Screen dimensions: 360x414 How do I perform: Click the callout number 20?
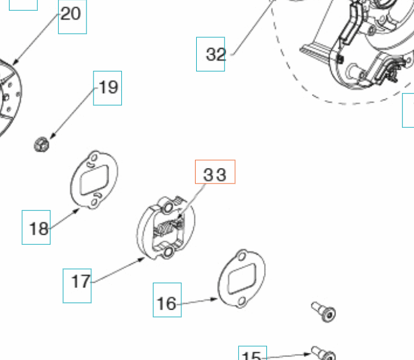[71, 13]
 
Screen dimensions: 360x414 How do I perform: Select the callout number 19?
[108, 88]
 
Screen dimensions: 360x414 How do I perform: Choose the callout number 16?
[167, 304]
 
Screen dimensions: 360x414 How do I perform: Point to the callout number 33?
[215, 174]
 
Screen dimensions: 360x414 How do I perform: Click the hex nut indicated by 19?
[41, 144]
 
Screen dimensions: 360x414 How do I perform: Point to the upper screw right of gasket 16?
[323, 311]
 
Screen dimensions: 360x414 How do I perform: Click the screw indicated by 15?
[323, 354]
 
